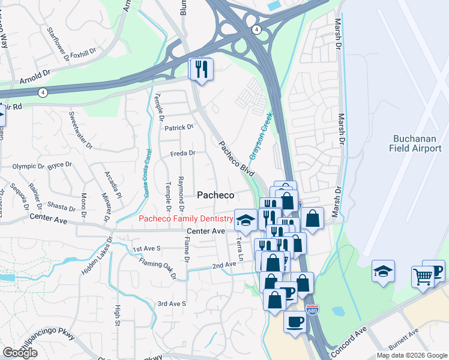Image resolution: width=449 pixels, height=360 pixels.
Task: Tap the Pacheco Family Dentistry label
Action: tap(185, 219)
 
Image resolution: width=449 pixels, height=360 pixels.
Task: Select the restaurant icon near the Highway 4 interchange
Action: tap(201, 69)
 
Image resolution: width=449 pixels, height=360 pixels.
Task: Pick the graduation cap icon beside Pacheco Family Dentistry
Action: tap(245, 221)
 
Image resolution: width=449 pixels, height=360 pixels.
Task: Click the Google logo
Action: tap(20, 352)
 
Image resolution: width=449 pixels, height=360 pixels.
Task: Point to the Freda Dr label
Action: tap(183, 153)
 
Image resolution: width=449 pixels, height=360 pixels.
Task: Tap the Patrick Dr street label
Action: tap(179, 127)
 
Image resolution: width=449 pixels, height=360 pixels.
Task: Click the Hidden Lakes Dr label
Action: tap(97, 256)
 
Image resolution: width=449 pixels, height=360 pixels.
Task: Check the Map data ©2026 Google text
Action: tap(411, 355)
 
